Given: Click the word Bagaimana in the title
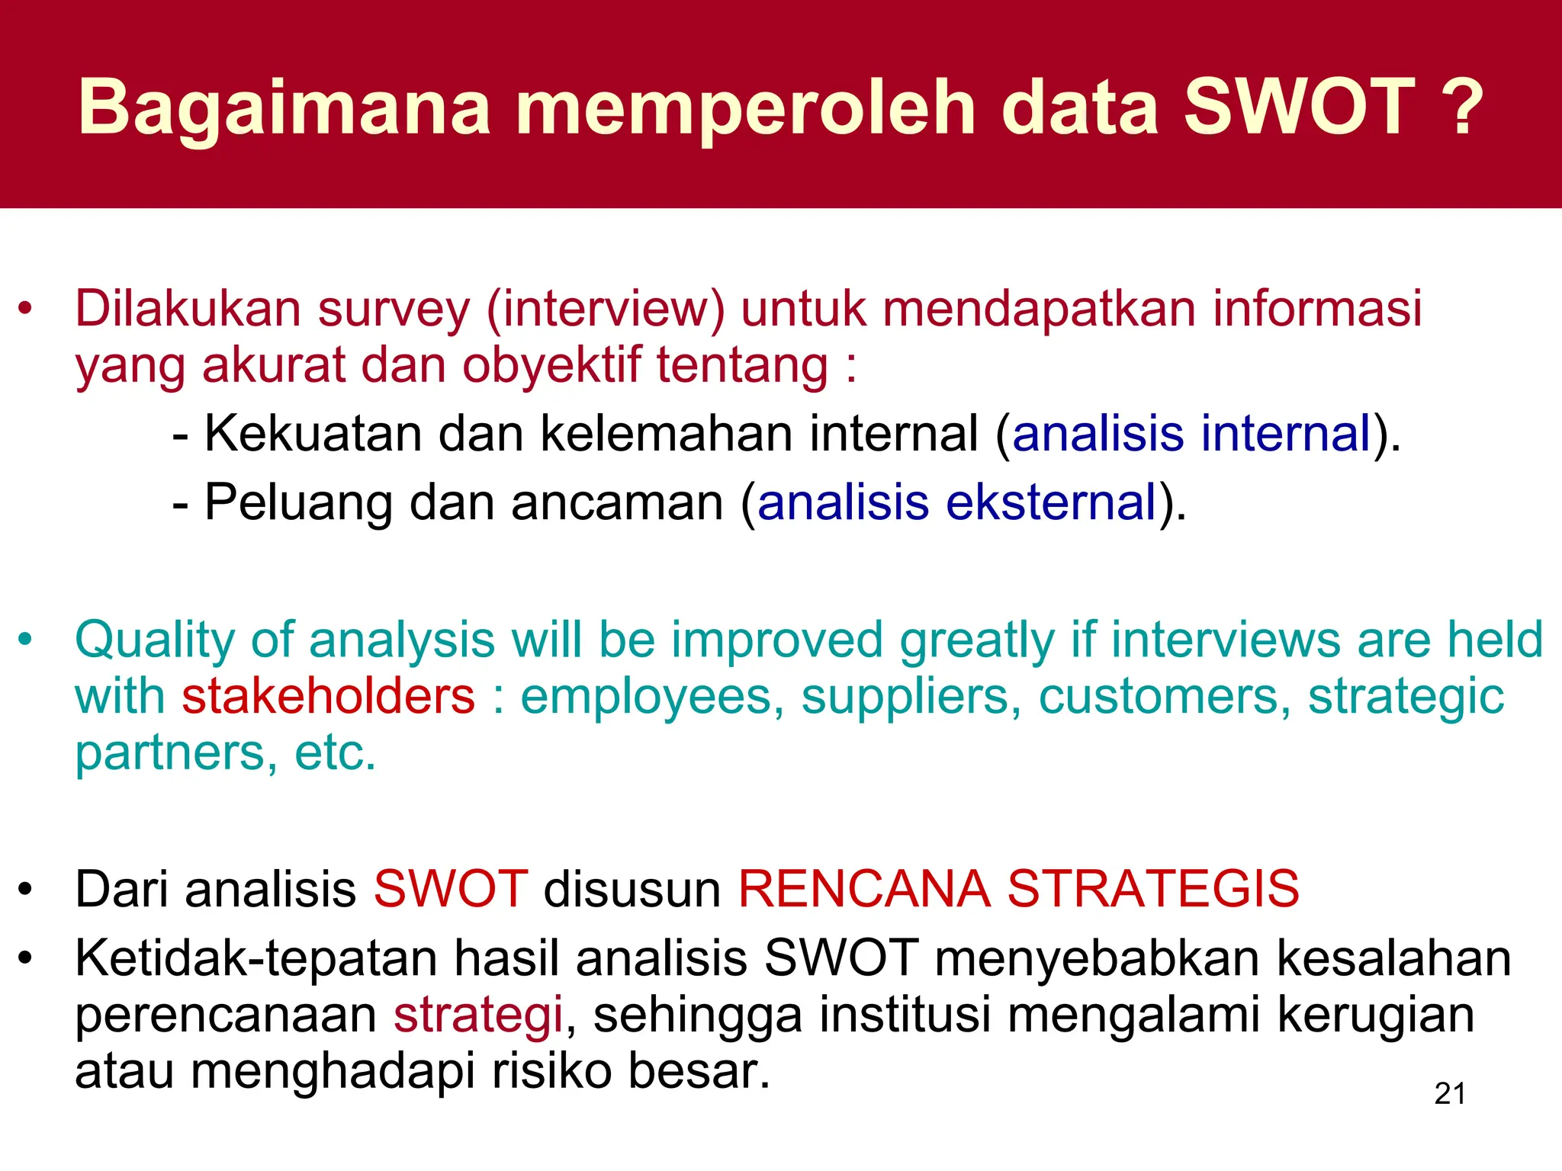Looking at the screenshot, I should click(284, 108).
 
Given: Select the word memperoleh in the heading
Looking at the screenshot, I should click(746, 108).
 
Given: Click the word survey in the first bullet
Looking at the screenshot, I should click(394, 310).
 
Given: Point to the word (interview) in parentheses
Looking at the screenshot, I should click(606, 310).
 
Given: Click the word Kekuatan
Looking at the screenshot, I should click(313, 434).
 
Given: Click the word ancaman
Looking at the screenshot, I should click(616, 503).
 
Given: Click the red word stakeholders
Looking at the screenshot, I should click(328, 697).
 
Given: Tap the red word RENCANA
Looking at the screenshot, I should click(863, 889).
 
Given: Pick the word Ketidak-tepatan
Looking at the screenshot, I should click(256, 958).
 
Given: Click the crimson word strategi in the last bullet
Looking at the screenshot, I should click(478, 1015).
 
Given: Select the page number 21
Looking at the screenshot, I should click(1449, 1093).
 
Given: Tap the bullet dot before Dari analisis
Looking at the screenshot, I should click(26, 890).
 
